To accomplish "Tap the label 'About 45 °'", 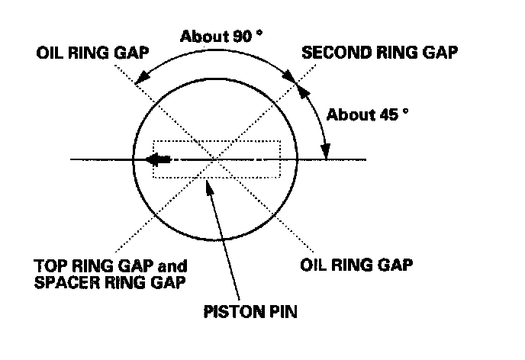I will tap(368, 115).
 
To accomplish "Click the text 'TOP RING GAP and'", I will tap(111, 267).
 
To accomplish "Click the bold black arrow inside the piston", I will tap(159, 160).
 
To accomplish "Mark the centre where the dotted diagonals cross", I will tap(218, 159).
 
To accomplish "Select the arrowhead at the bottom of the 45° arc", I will tap(326, 153).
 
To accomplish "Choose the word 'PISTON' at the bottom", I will tap(231, 312).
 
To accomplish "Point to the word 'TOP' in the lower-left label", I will tap(48, 267).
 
